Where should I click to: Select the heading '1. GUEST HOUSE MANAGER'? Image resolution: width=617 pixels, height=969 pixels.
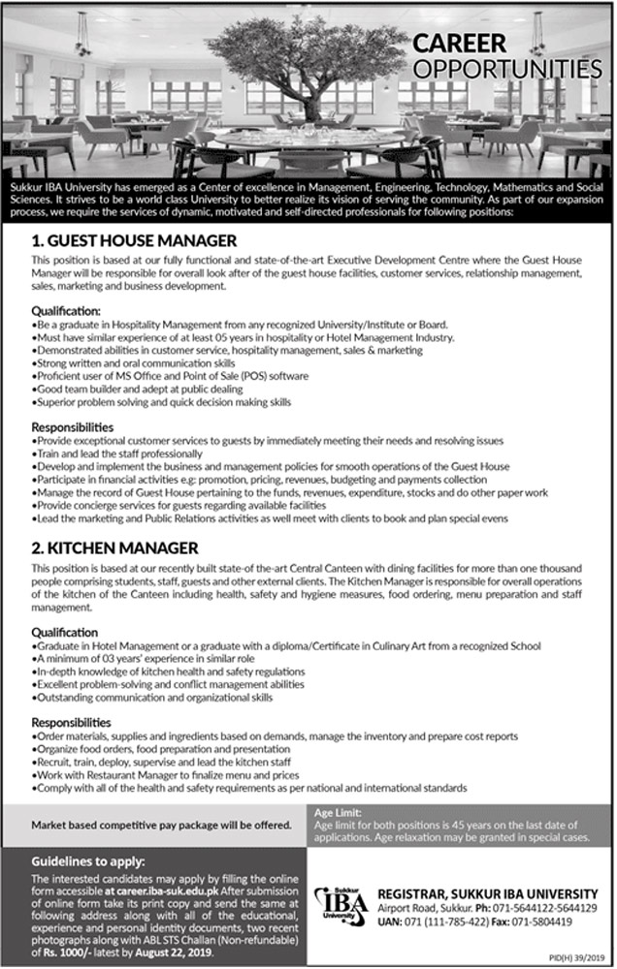134,238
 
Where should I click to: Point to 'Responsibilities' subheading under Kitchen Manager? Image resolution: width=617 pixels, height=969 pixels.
73,722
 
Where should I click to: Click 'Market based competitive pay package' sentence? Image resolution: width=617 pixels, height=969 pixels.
161,825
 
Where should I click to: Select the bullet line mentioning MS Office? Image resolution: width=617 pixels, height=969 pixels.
171,375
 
